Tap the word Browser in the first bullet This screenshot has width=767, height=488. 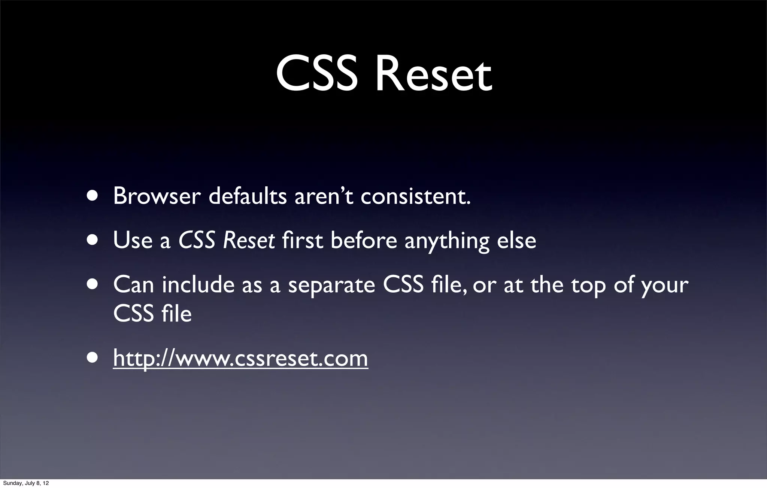[x=157, y=196]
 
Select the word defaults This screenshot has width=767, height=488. [x=247, y=196]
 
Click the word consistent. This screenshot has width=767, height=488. [x=415, y=196]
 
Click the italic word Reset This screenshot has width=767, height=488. [x=249, y=240]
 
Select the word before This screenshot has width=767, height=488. [x=363, y=240]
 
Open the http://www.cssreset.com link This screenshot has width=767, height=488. [x=240, y=358]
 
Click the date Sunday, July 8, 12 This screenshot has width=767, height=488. [x=26, y=483]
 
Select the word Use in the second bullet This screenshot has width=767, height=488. [x=133, y=240]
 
